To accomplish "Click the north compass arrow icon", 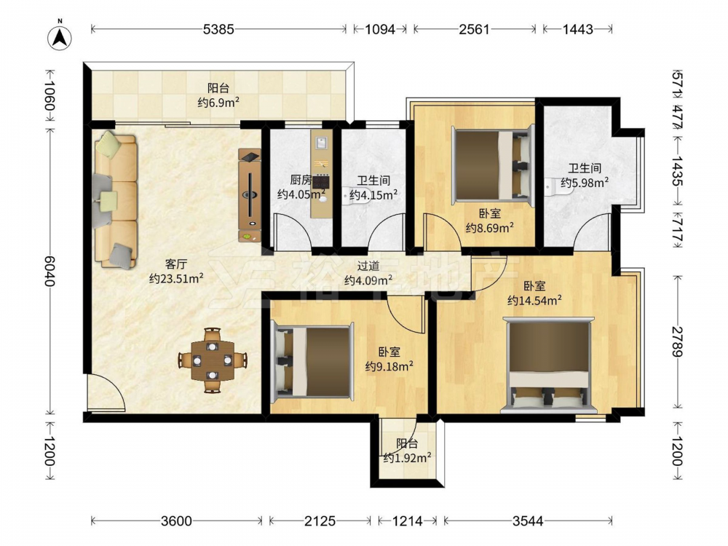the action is [60, 36].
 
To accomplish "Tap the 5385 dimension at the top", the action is [218, 29].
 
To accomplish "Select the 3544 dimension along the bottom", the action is [528, 521].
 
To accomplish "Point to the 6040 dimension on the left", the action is [50, 270].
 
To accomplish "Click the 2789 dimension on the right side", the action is [678, 341].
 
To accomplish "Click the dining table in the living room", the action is [213, 360].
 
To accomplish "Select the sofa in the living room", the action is [116, 199].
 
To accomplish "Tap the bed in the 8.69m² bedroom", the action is [493, 165].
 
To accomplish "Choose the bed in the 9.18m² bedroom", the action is [313, 362].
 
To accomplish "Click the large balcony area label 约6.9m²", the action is [218, 102].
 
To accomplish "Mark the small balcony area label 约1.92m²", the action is [407, 458].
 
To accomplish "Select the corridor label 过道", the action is [368, 266].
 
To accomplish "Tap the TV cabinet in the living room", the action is [250, 195].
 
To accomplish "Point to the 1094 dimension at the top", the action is [380, 29].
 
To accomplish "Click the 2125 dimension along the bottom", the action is [320, 521].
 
